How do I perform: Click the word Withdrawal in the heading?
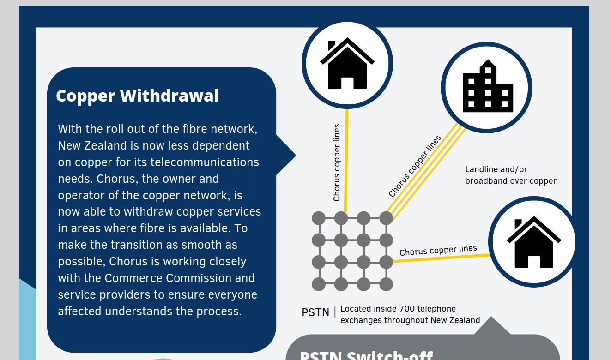point(169,96)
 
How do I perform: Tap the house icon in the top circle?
point(347,64)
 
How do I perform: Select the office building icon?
point(488,87)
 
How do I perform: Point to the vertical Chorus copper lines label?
point(337,162)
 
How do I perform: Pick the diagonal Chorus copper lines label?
point(415,166)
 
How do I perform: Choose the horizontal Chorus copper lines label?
point(438,250)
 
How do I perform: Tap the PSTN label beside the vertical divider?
point(315,312)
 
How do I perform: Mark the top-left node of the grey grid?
point(319,218)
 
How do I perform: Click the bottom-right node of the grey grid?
point(386,284)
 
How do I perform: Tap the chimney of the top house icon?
point(331,45)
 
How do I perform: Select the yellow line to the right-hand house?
point(441,258)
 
